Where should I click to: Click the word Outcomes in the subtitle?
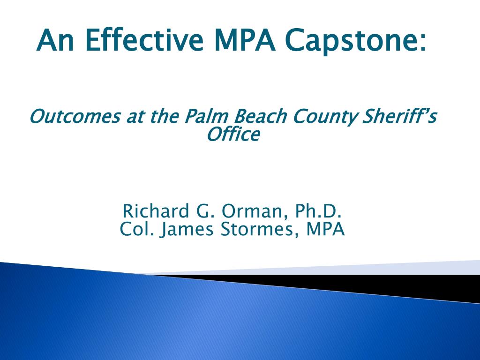[75, 116]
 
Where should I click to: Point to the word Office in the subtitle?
[233, 135]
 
